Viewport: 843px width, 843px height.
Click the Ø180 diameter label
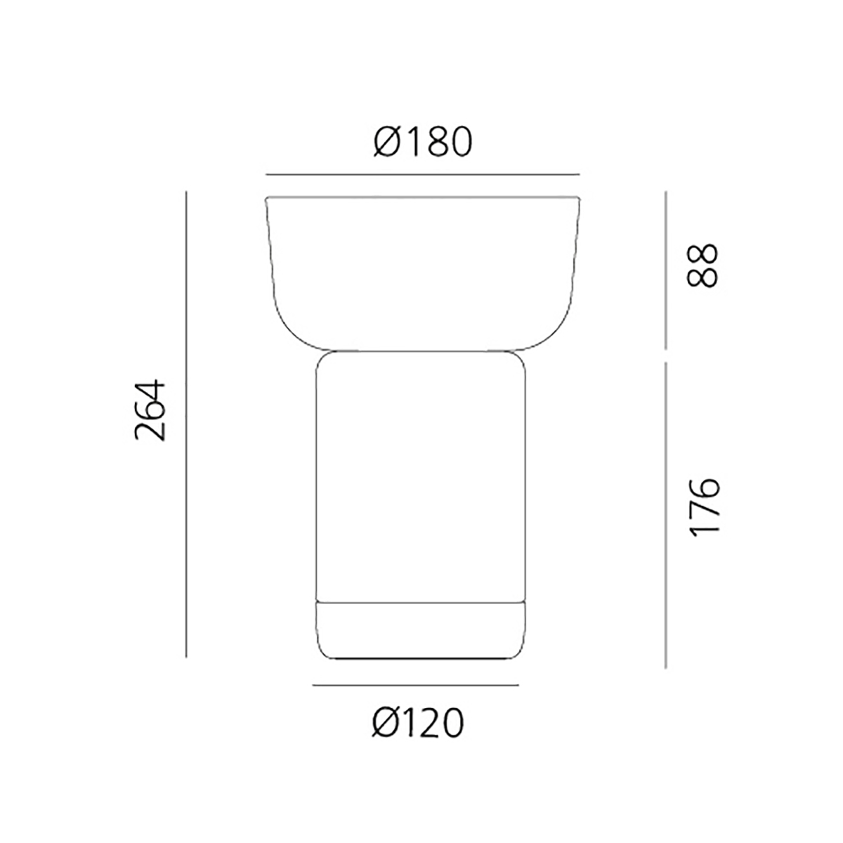tap(423, 141)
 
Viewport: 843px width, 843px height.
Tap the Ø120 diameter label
tap(417, 723)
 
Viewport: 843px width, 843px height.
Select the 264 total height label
tap(150, 410)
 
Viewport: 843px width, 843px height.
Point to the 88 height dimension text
tap(702, 265)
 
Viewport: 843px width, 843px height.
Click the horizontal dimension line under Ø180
tap(423, 174)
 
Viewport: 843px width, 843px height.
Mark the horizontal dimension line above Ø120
tap(416, 685)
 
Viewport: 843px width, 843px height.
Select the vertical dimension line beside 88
tap(665, 270)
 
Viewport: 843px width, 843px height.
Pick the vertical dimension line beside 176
tap(665, 515)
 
